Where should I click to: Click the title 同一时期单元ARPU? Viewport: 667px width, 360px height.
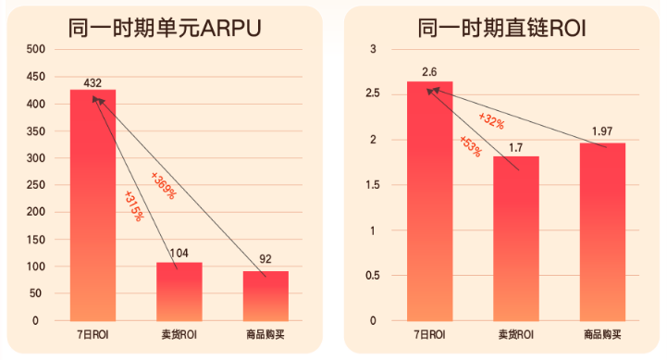tap(164, 28)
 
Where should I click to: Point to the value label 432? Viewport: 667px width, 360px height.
tap(93, 82)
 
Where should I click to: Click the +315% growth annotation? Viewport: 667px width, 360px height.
tap(132, 205)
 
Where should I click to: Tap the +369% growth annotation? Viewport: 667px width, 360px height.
tap(163, 186)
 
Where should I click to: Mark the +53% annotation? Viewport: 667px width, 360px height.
tap(470, 146)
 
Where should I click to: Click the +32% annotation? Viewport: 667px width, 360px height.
tap(491, 120)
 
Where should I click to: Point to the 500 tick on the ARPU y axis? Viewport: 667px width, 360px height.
tap(34, 49)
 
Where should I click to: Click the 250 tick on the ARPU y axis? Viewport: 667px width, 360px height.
tap(34, 185)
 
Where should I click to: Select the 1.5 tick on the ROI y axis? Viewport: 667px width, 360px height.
tap(372, 185)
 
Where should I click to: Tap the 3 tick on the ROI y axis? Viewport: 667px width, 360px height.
tap(375, 49)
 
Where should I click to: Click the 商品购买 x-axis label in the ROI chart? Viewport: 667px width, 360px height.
tap(602, 334)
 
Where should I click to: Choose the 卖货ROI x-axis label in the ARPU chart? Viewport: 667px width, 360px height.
tap(179, 334)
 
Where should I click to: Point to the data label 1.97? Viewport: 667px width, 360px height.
tap(602, 131)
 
